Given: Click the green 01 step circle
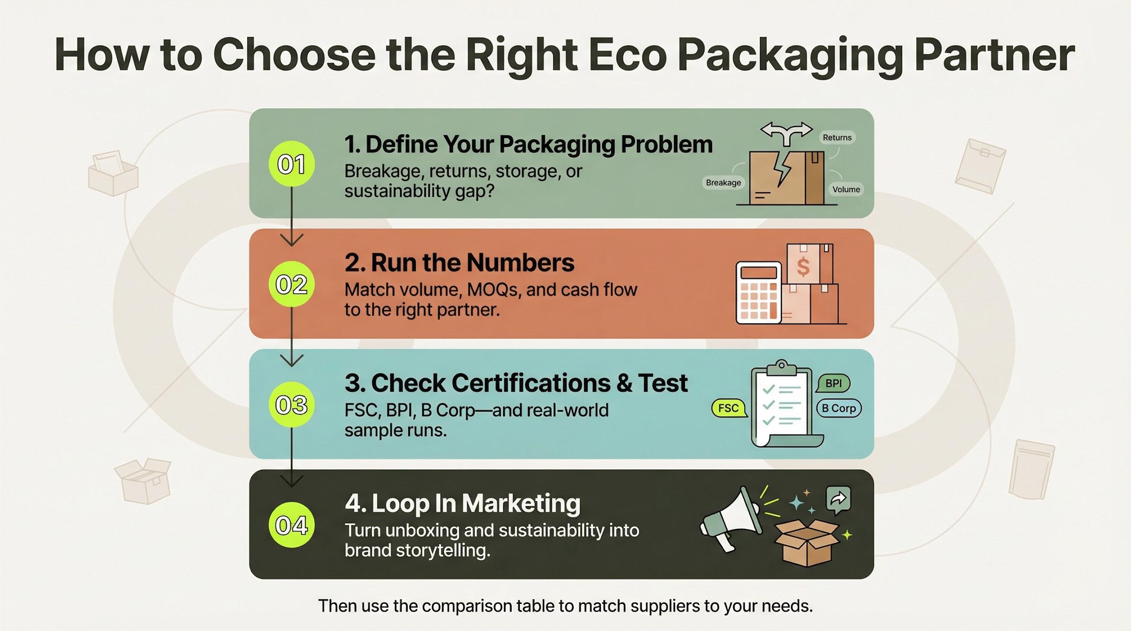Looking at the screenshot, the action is [x=291, y=164].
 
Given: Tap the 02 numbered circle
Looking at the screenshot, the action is [x=291, y=284].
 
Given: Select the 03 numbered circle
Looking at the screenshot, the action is [x=291, y=404].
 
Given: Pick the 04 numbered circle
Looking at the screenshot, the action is [x=291, y=525].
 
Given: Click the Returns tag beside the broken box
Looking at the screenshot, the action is [x=837, y=138].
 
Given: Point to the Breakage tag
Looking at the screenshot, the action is [x=723, y=182].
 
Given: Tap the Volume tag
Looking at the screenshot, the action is [x=846, y=189].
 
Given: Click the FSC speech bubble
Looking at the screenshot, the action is [x=728, y=408].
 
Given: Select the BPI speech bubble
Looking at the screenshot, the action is [x=833, y=384].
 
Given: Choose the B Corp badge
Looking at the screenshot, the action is [x=839, y=408].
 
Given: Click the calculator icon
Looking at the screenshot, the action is [x=759, y=293].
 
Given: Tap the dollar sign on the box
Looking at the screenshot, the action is [x=803, y=266].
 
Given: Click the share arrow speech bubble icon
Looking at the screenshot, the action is [x=838, y=500].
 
